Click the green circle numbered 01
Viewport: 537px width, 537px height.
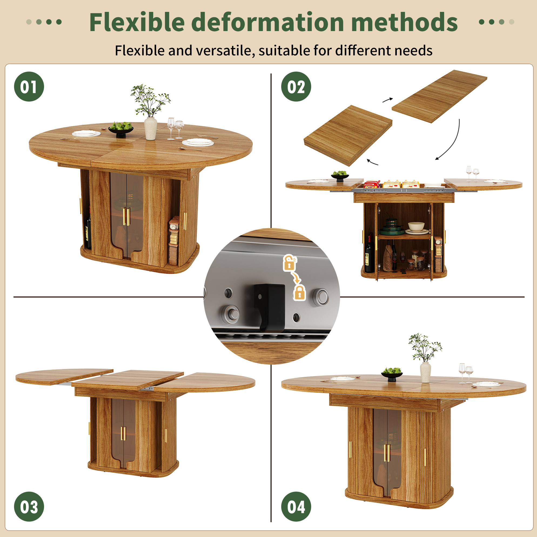(29, 86)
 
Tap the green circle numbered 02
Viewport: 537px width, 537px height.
(296, 86)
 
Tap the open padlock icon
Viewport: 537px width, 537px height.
(290, 263)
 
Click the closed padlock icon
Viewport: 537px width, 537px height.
(300, 292)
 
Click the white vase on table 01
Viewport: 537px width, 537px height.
(151, 128)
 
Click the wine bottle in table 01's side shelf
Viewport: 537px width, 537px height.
(88, 232)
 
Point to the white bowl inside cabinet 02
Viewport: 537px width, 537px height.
(416, 227)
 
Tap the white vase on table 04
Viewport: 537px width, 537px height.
(425, 372)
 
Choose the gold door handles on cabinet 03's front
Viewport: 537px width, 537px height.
(123, 434)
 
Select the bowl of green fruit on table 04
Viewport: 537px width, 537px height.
(392, 373)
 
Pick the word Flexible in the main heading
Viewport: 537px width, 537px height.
(137, 22)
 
